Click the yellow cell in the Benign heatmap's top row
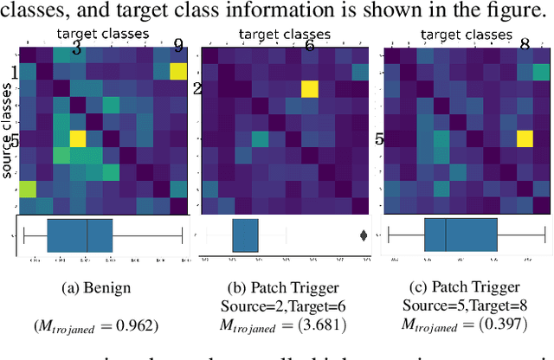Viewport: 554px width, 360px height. [178, 71]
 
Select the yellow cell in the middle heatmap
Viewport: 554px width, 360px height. [310, 88]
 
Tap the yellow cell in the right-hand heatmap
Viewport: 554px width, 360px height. [524, 138]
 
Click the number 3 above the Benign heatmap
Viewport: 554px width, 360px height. [76, 48]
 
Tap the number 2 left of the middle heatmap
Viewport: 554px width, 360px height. [196, 88]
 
